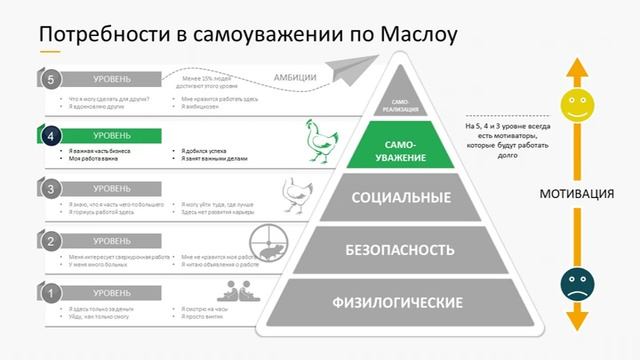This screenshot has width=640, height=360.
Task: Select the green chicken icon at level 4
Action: (319, 141)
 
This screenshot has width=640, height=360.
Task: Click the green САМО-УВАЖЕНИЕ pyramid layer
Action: (400, 150)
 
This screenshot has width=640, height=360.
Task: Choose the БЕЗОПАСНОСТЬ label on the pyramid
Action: (400, 249)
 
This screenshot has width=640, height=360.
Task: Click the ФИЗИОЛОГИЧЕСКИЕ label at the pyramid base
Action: (400, 301)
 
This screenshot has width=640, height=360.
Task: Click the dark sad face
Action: (574, 282)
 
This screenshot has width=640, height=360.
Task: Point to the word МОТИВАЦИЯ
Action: (575, 193)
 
